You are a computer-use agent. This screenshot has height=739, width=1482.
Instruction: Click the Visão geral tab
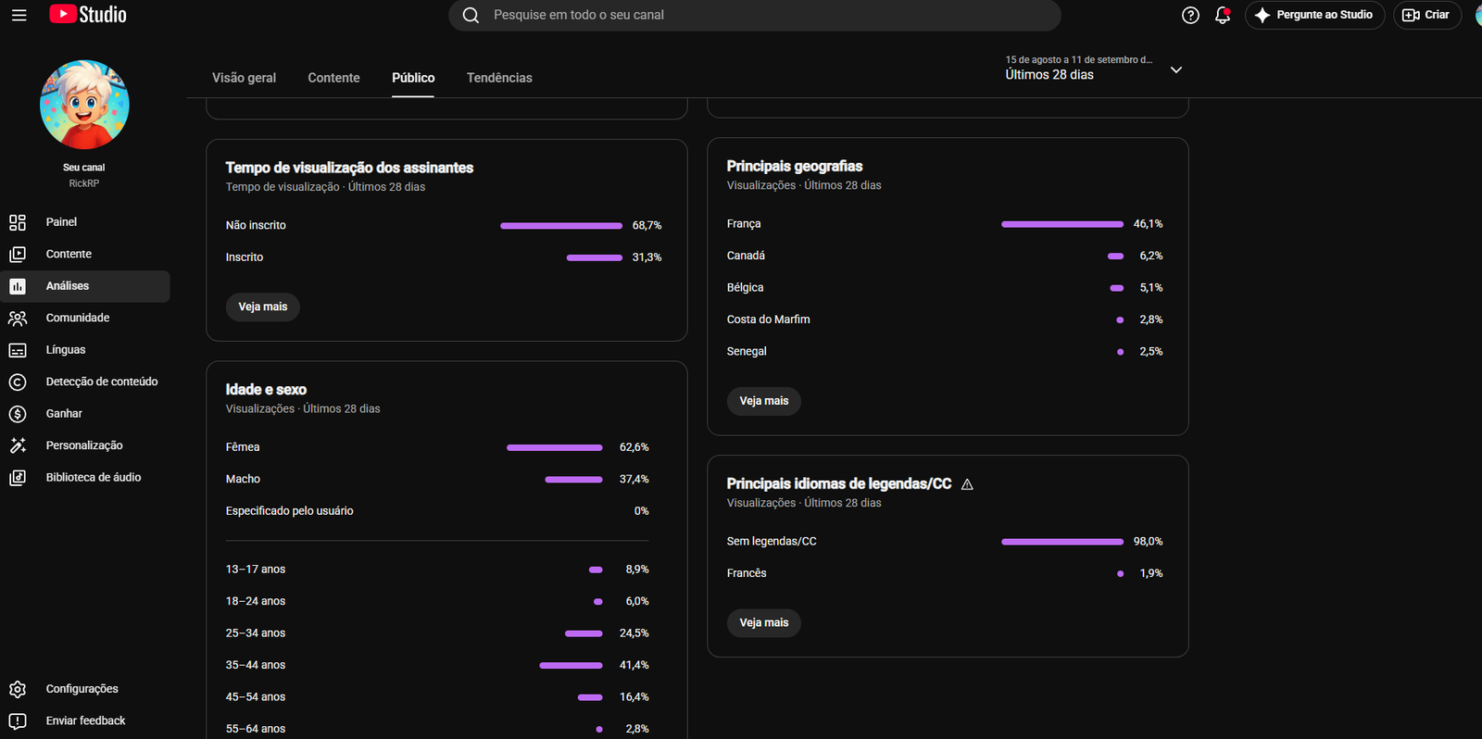click(244, 78)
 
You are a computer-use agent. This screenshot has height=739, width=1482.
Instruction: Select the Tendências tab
click(499, 78)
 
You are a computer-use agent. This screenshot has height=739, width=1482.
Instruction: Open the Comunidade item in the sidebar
click(78, 318)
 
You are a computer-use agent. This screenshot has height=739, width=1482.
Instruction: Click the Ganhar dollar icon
click(18, 414)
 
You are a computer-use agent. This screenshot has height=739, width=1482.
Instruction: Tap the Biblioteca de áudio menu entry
click(94, 477)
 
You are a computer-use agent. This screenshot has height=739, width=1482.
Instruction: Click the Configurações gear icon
click(18, 689)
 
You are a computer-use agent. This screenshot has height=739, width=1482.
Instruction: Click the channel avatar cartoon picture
click(84, 105)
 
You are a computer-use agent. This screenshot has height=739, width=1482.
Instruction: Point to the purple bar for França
click(1061, 224)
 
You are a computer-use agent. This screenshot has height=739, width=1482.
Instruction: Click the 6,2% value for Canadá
click(1150, 256)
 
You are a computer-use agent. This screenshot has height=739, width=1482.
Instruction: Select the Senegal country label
click(747, 351)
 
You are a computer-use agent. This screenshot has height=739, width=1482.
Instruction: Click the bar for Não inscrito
click(561, 226)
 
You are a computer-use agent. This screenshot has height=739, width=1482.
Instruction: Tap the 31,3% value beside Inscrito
click(647, 257)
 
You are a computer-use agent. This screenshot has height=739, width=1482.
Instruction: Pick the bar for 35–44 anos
click(571, 666)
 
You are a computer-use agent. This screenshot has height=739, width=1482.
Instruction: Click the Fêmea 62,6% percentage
click(634, 447)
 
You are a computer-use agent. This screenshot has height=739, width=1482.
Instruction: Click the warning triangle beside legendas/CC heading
click(967, 484)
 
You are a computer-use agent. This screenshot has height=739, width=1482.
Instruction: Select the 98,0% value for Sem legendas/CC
click(1148, 541)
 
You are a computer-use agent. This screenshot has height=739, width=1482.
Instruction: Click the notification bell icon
click(1222, 15)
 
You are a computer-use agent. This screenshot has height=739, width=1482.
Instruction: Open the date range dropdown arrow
click(1175, 69)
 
